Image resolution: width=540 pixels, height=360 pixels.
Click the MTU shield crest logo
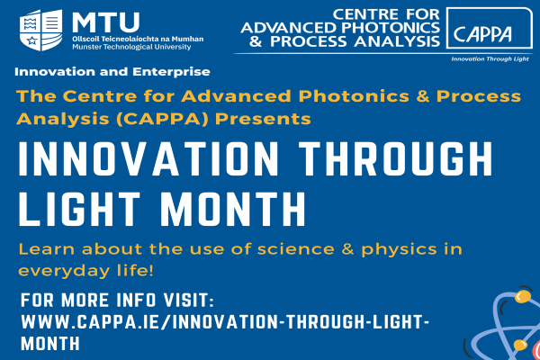click(x=41, y=30)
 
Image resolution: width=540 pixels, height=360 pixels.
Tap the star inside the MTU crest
click(x=31, y=40)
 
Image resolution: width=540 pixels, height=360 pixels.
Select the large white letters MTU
click(x=105, y=22)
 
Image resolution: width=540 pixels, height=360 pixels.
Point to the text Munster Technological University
click(x=131, y=47)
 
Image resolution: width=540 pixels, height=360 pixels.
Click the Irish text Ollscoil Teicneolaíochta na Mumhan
click(x=138, y=39)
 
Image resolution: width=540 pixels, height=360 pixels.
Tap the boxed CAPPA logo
click(x=490, y=28)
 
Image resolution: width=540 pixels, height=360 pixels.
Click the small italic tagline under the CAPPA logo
click(x=490, y=59)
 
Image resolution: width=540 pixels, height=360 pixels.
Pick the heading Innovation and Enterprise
click(x=112, y=72)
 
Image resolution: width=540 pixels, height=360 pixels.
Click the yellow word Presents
click(x=263, y=119)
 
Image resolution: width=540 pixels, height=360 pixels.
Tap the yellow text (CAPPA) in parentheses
click(x=162, y=119)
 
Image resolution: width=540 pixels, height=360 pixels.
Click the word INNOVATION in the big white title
click(x=148, y=159)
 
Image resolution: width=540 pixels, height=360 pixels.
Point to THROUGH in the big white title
click(x=396, y=159)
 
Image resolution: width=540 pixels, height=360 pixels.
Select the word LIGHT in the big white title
click(x=79, y=209)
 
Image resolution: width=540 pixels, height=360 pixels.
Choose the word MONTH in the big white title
click(x=233, y=209)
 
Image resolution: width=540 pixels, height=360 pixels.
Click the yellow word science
click(x=296, y=249)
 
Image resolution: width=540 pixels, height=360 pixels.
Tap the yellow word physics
click(x=399, y=250)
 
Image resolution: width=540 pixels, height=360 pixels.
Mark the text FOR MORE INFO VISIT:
click(x=117, y=300)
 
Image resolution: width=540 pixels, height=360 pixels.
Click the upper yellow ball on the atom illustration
click(x=523, y=297)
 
